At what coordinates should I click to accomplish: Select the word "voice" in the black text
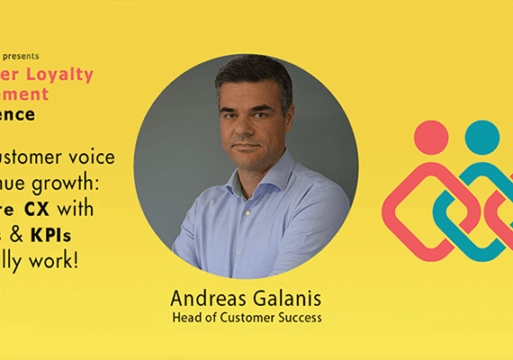click(94, 157)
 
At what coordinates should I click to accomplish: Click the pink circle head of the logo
click(431, 137)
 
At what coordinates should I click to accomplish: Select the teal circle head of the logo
click(481, 137)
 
